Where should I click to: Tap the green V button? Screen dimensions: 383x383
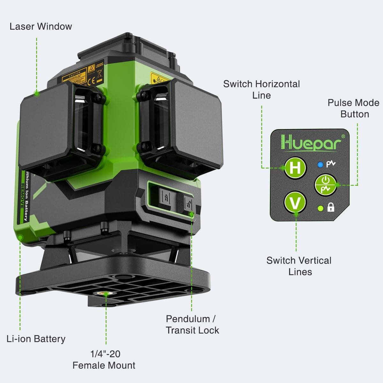(295, 202)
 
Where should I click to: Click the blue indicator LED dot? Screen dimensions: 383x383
(320, 165)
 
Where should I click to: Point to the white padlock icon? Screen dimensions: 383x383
(331, 207)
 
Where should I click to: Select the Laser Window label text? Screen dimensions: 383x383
(41, 26)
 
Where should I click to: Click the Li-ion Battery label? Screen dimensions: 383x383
(36, 339)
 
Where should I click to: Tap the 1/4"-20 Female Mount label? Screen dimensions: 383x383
(104, 359)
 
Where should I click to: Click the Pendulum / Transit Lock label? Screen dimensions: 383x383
(192, 324)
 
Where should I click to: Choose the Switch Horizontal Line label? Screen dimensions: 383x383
(261, 89)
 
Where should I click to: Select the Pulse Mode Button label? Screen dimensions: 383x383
(353, 108)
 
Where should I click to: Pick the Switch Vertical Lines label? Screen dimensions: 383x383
(299, 266)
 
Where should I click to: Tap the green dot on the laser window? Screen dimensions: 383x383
(37, 93)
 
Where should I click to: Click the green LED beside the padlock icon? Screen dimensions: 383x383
(321, 208)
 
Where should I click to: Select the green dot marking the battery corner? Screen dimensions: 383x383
(20, 237)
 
